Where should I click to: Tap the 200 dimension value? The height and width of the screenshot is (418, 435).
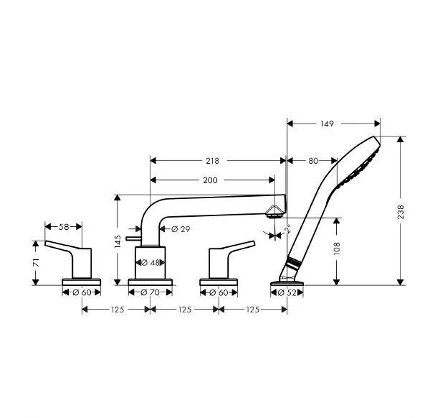tap(209, 180)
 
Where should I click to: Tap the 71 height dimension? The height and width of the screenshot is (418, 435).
tap(35, 263)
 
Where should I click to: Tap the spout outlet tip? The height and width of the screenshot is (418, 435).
tap(274, 212)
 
